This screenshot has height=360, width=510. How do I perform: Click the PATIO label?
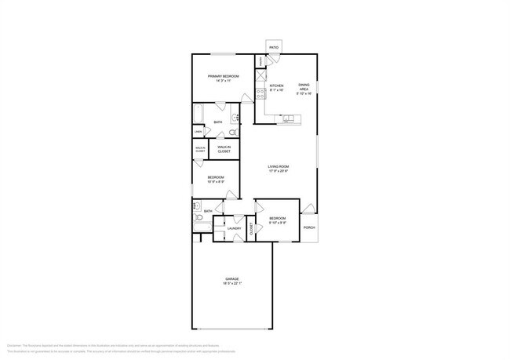coord(274,48)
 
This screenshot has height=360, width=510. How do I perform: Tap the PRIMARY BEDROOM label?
coord(223,76)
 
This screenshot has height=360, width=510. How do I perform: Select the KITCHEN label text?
coord(276,86)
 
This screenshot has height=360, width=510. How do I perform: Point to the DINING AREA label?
coord(304,88)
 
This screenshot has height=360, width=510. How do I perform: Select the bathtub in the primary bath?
coord(199,114)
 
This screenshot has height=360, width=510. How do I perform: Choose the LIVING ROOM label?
coord(279,166)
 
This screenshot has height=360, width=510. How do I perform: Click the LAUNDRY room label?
coord(234,228)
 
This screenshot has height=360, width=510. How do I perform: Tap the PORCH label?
coord(309,228)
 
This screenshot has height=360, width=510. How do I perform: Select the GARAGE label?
coord(232,278)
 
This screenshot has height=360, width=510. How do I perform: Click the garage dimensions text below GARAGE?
coord(232,284)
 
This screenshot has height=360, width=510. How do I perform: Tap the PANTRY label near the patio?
coord(260,62)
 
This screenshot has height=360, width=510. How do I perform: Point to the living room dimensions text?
coord(279,172)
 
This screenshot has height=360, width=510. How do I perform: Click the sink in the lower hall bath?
coord(197,207)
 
